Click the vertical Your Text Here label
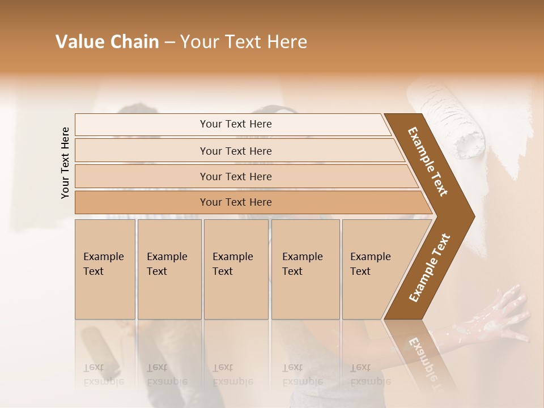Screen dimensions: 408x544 [65, 163]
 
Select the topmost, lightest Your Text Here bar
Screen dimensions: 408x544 [236, 124]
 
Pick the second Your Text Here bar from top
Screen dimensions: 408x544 [236, 151]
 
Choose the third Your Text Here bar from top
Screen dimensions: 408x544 [236, 176]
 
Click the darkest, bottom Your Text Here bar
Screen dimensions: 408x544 [236, 202]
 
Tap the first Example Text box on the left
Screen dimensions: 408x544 [105, 269]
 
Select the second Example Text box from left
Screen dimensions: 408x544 [169, 269]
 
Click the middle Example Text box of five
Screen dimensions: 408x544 [236, 269]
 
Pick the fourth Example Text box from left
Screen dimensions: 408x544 [305, 269]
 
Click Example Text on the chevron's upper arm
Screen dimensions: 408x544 [427, 161]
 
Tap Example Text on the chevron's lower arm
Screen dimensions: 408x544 [429, 268]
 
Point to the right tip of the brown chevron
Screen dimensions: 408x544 [473, 215]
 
